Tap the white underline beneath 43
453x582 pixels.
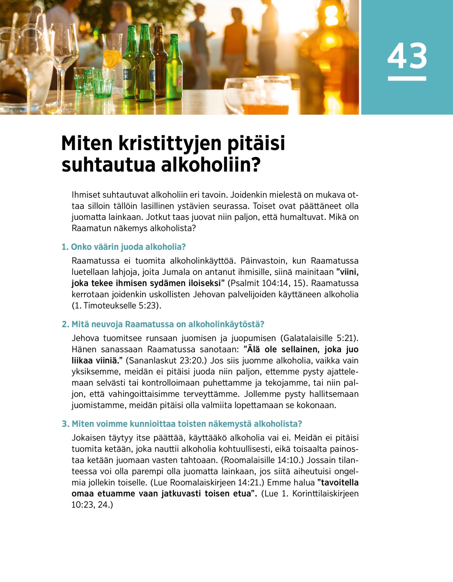[x=407, y=78]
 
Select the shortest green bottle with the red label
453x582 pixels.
[x=174, y=68]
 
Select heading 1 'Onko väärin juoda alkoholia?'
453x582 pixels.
[x=123, y=247]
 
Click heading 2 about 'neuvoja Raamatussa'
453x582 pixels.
[x=163, y=324]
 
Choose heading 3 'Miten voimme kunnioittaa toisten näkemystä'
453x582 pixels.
[x=182, y=424]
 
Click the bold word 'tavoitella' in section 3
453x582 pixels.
[x=339, y=483]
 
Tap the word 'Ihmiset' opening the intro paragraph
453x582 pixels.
[x=86, y=195]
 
